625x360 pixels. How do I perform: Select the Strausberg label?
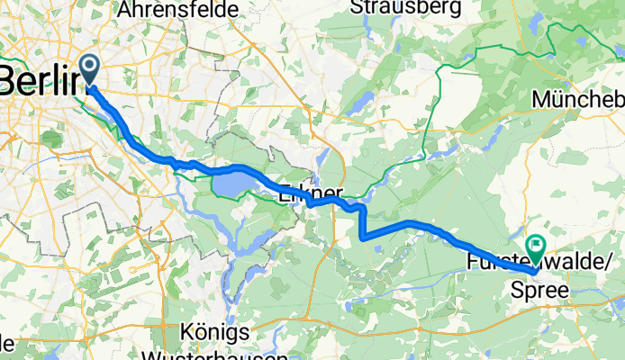405,7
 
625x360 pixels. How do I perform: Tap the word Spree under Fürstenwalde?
539,291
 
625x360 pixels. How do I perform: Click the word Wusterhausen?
204,352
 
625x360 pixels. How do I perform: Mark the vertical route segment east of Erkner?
362,223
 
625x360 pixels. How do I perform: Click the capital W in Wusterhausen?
154,352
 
